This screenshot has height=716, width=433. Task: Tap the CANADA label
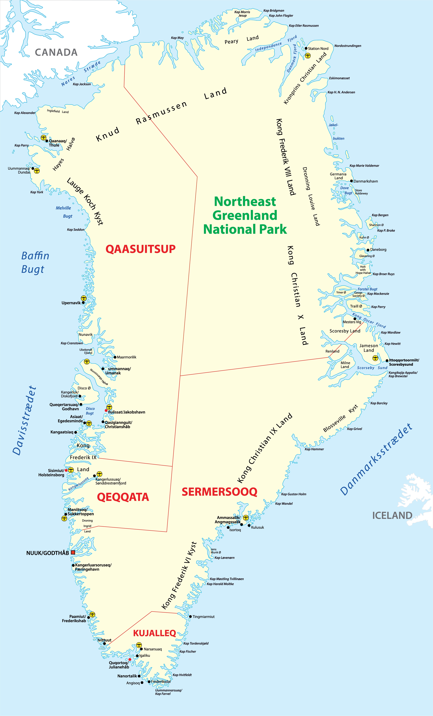click(56, 52)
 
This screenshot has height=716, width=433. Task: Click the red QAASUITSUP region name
click(140, 249)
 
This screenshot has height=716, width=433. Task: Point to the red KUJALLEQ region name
click(154, 633)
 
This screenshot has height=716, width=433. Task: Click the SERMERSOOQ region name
click(220, 492)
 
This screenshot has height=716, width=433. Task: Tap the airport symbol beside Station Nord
click(308, 55)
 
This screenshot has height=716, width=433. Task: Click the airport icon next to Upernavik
click(84, 298)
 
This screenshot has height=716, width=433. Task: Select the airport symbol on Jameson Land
click(375, 358)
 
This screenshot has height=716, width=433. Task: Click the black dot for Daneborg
click(368, 250)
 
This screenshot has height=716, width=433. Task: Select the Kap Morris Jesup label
click(242, 14)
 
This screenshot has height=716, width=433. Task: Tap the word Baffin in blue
click(35, 256)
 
